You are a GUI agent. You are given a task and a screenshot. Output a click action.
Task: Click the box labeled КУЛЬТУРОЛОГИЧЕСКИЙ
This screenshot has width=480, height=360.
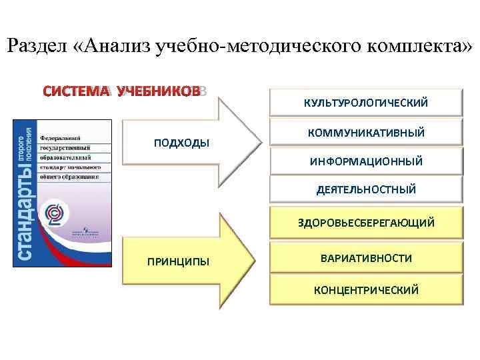click(365, 103)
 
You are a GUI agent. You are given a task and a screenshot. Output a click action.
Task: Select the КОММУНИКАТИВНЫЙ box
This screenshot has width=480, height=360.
click(365, 133)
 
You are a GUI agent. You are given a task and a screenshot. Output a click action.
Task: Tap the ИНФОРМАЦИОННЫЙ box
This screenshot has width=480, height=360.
click(365, 161)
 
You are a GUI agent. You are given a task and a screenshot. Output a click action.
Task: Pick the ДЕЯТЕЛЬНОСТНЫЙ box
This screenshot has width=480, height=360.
click(365, 190)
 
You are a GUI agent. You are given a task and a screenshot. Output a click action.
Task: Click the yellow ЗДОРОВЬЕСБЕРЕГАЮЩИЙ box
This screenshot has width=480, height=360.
click(365, 223)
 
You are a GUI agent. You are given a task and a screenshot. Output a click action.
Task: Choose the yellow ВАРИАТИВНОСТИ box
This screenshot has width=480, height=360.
click(365, 257)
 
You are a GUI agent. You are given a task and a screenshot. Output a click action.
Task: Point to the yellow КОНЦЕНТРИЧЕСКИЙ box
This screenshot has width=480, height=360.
click(365, 290)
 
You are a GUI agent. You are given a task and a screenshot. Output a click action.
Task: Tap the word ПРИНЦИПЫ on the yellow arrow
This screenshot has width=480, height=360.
click(178, 261)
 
